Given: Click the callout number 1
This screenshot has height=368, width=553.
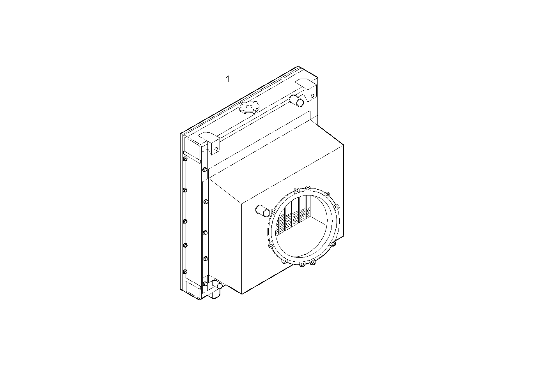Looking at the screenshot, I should [x=227, y=79].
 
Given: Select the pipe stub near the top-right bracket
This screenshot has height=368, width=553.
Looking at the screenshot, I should [x=297, y=101].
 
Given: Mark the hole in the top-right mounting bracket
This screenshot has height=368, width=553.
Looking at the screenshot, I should [x=312, y=95].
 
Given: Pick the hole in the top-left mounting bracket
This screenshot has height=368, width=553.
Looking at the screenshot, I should [x=216, y=149].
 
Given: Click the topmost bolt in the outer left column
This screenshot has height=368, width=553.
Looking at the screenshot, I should [x=185, y=159].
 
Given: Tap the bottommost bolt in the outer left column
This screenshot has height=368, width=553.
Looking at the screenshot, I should [x=185, y=271].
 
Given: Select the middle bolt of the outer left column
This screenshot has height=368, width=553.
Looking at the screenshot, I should [x=185, y=221].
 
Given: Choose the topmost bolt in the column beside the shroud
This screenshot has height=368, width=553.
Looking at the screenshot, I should [x=205, y=169].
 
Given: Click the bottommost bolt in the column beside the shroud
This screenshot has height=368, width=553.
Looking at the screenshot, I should [x=205, y=283].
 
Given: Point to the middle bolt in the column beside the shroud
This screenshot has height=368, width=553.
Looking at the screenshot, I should [x=205, y=233].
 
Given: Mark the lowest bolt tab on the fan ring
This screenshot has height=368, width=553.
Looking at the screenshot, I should [x=302, y=265].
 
